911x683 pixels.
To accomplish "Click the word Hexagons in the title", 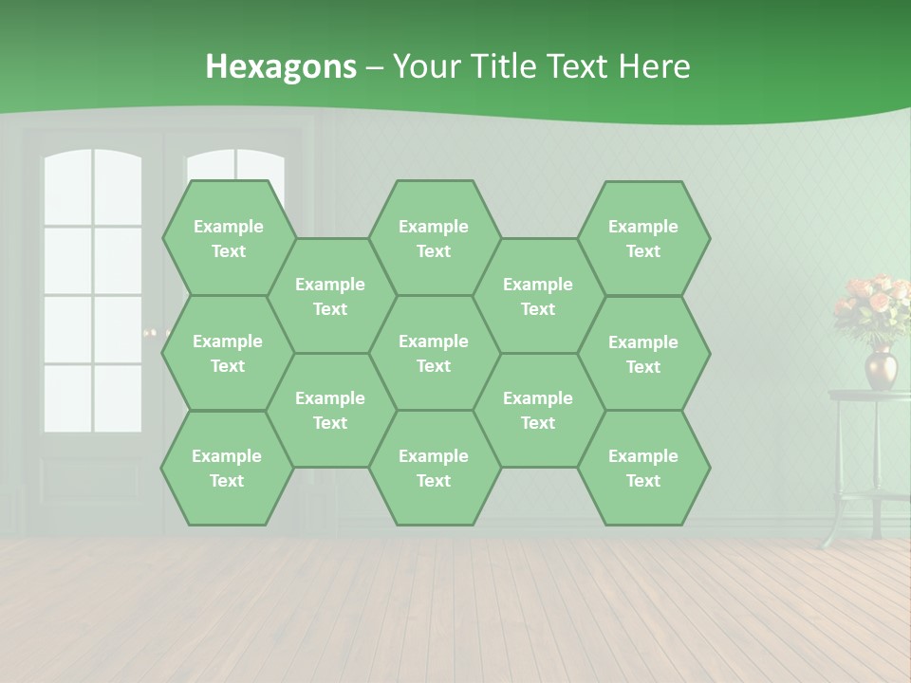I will (281, 66).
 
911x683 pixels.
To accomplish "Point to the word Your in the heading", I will (425, 66).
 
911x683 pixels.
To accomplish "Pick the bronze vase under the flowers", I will (880, 367).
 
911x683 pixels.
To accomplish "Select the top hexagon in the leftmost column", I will (228, 238).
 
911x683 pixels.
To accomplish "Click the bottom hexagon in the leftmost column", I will (227, 468).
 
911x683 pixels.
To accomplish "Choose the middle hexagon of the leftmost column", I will (228, 353).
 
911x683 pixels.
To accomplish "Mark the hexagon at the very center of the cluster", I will (434, 353).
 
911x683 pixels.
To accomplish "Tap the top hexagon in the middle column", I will (434, 238).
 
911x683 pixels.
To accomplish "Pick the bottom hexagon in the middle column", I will (434, 468).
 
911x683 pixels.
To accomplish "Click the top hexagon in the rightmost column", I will (643, 238).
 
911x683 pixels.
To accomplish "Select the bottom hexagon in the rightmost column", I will (643, 468).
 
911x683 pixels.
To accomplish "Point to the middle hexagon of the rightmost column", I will (643, 354).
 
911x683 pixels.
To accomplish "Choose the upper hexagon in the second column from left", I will (330, 296).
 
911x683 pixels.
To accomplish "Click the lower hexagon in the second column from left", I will (330, 410).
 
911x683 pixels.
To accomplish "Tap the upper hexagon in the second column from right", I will (538, 296).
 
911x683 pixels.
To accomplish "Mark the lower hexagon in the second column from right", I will (538, 410).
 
